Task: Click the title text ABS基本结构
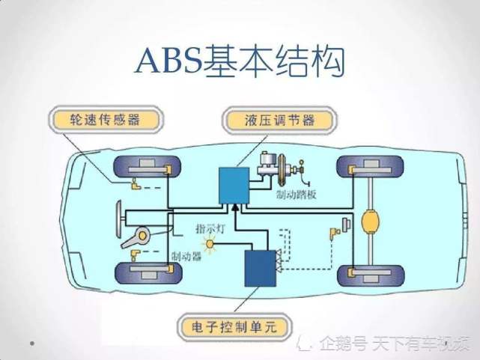point(240,61)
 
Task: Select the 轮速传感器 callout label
point(105,120)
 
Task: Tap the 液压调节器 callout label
point(279,120)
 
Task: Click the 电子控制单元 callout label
point(234,327)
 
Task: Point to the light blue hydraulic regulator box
point(234,186)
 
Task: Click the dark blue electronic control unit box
point(260,268)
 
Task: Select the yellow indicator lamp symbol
point(210,244)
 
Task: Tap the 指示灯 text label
point(211,228)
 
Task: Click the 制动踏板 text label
point(296,195)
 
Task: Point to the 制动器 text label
point(186,256)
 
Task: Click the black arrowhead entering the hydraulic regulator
point(235,207)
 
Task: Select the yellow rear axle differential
point(371,221)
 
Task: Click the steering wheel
point(118,219)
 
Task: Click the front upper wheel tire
point(147,167)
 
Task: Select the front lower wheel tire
point(148,272)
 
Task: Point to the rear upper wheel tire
point(370,167)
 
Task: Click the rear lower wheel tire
point(371,276)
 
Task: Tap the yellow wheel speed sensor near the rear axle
point(335,233)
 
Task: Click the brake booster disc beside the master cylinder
point(282,170)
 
